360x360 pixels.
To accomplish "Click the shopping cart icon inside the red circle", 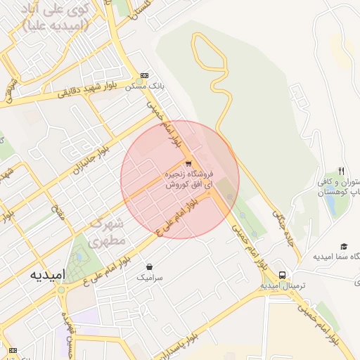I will click(188, 164).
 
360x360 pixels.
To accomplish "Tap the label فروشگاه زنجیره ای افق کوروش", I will click(187, 179).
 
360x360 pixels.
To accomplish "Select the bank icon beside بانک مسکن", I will click(145, 75).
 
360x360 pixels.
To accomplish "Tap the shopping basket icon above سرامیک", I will click(150, 266).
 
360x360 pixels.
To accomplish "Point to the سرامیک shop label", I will click(150, 278).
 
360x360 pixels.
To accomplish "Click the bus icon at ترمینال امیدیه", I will click(282, 274).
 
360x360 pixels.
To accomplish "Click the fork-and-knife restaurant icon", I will click(342, 170).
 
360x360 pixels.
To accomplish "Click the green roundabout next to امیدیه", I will click(61, 289).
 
